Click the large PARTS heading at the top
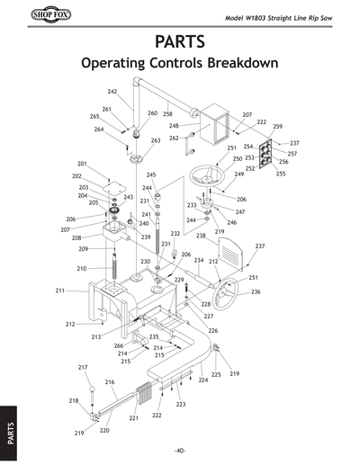click(179, 42)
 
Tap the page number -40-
click(180, 451)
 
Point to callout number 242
click(112, 92)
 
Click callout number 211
click(60, 291)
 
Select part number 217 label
click(83, 367)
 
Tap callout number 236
click(256, 292)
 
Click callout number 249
click(239, 174)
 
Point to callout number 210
click(81, 269)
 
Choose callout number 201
click(82, 164)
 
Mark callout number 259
click(277, 127)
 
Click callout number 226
click(213, 331)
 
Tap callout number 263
click(156, 140)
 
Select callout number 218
click(74, 400)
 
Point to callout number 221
click(133, 418)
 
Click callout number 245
click(151, 174)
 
